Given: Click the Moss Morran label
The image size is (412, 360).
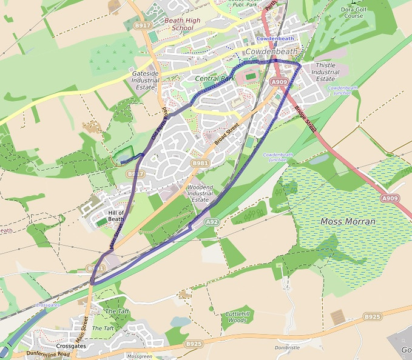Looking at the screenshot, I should (x=348, y=222).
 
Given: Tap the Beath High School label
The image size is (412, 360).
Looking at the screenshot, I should (x=183, y=24).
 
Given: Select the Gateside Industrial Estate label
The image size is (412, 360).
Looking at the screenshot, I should (x=146, y=80).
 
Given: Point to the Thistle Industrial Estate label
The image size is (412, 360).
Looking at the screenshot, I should (x=325, y=72).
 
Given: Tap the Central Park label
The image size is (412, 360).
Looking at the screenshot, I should (x=215, y=79).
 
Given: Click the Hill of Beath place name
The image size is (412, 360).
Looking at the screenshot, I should (x=116, y=216).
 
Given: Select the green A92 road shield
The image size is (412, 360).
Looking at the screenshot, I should (x=211, y=222).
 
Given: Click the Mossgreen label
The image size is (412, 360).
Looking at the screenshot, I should (x=139, y=357).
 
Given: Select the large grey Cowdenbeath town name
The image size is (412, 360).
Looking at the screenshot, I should (x=272, y=52).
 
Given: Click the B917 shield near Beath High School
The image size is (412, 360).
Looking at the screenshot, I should (x=142, y=25).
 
